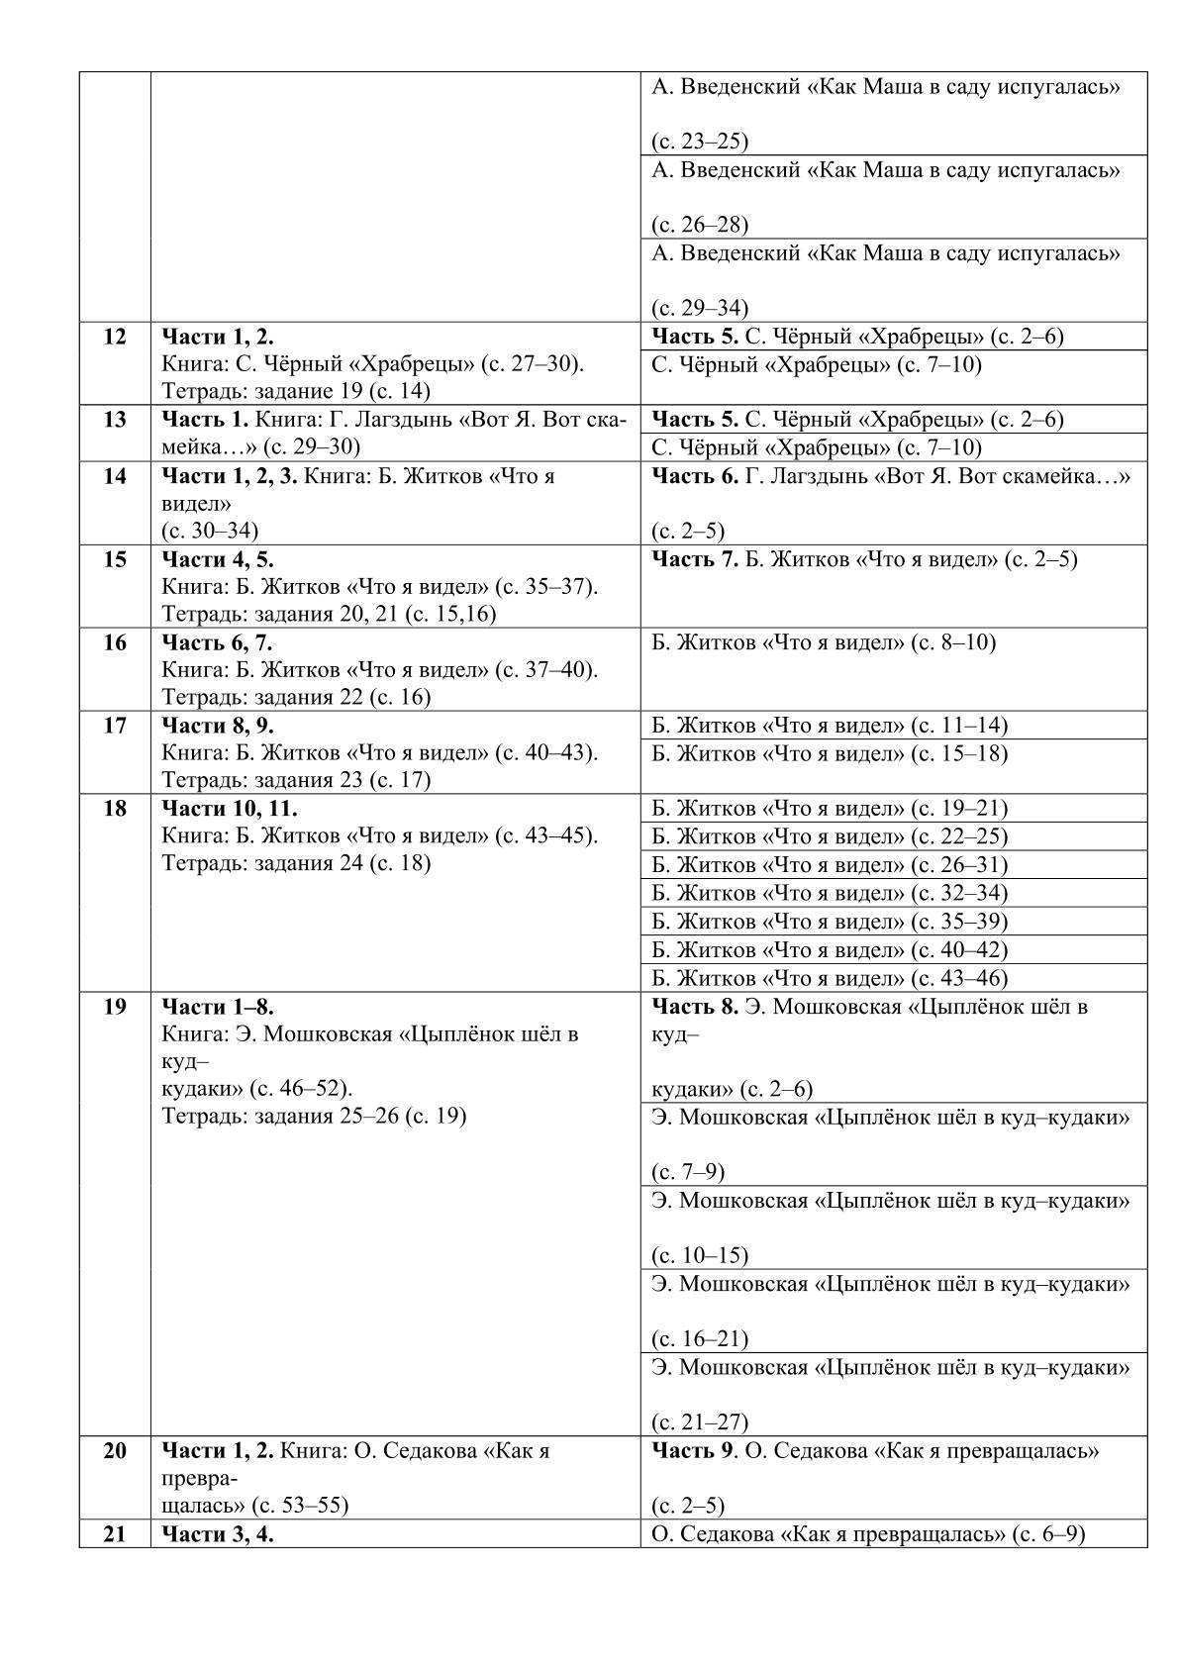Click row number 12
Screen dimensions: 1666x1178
[x=115, y=337]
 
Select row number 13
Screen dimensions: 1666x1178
[x=115, y=420]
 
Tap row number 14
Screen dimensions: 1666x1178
[x=115, y=476]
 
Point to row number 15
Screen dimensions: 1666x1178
[x=115, y=559]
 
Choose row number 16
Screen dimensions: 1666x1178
[x=115, y=642]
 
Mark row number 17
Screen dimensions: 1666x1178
[x=115, y=726]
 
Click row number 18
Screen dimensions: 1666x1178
[x=115, y=809]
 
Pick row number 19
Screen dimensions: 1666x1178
[x=115, y=1008]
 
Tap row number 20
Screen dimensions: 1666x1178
[x=115, y=1451]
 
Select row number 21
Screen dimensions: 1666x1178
[x=115, y=1535]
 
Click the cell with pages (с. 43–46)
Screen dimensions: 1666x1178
[x=830, y=979]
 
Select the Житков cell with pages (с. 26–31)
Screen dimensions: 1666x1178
[x=830, y=865]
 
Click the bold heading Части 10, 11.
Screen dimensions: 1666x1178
[x=229, y=809]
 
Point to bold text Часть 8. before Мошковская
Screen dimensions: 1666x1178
[x=695, y=1008]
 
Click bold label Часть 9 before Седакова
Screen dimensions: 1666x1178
[x=694, y=1451]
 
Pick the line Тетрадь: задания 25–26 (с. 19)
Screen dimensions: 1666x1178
[x=314, y=1117]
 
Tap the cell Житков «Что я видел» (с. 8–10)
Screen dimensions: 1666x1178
[x=824, y=643]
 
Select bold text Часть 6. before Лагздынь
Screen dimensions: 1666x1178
[x=695, y=476]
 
